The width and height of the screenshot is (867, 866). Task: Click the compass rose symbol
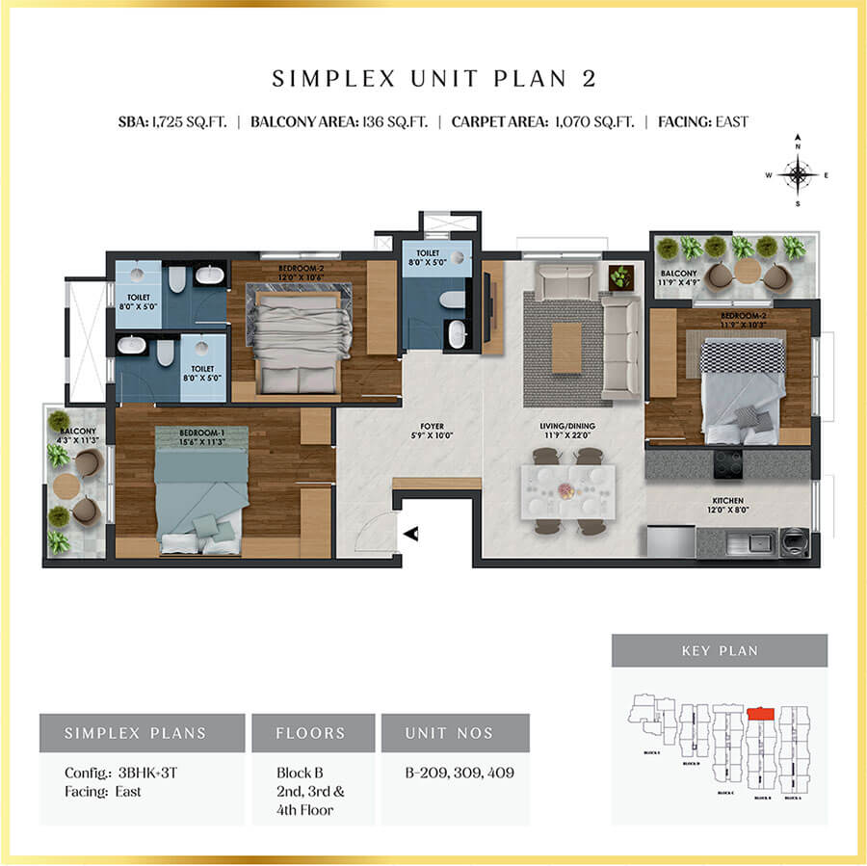point(798,174)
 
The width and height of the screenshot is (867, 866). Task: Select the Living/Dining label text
point(565,429)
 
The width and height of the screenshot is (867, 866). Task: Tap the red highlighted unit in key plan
point(761,715)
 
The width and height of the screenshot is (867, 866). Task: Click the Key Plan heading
point(719,650)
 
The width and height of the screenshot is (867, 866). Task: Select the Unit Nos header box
point(455,732)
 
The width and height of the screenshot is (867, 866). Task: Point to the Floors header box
point(312,732)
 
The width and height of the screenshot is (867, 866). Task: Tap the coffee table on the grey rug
point(566,345)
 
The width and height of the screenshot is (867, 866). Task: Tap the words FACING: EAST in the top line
point(703,122)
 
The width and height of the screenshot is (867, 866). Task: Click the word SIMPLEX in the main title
point(325,79)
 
